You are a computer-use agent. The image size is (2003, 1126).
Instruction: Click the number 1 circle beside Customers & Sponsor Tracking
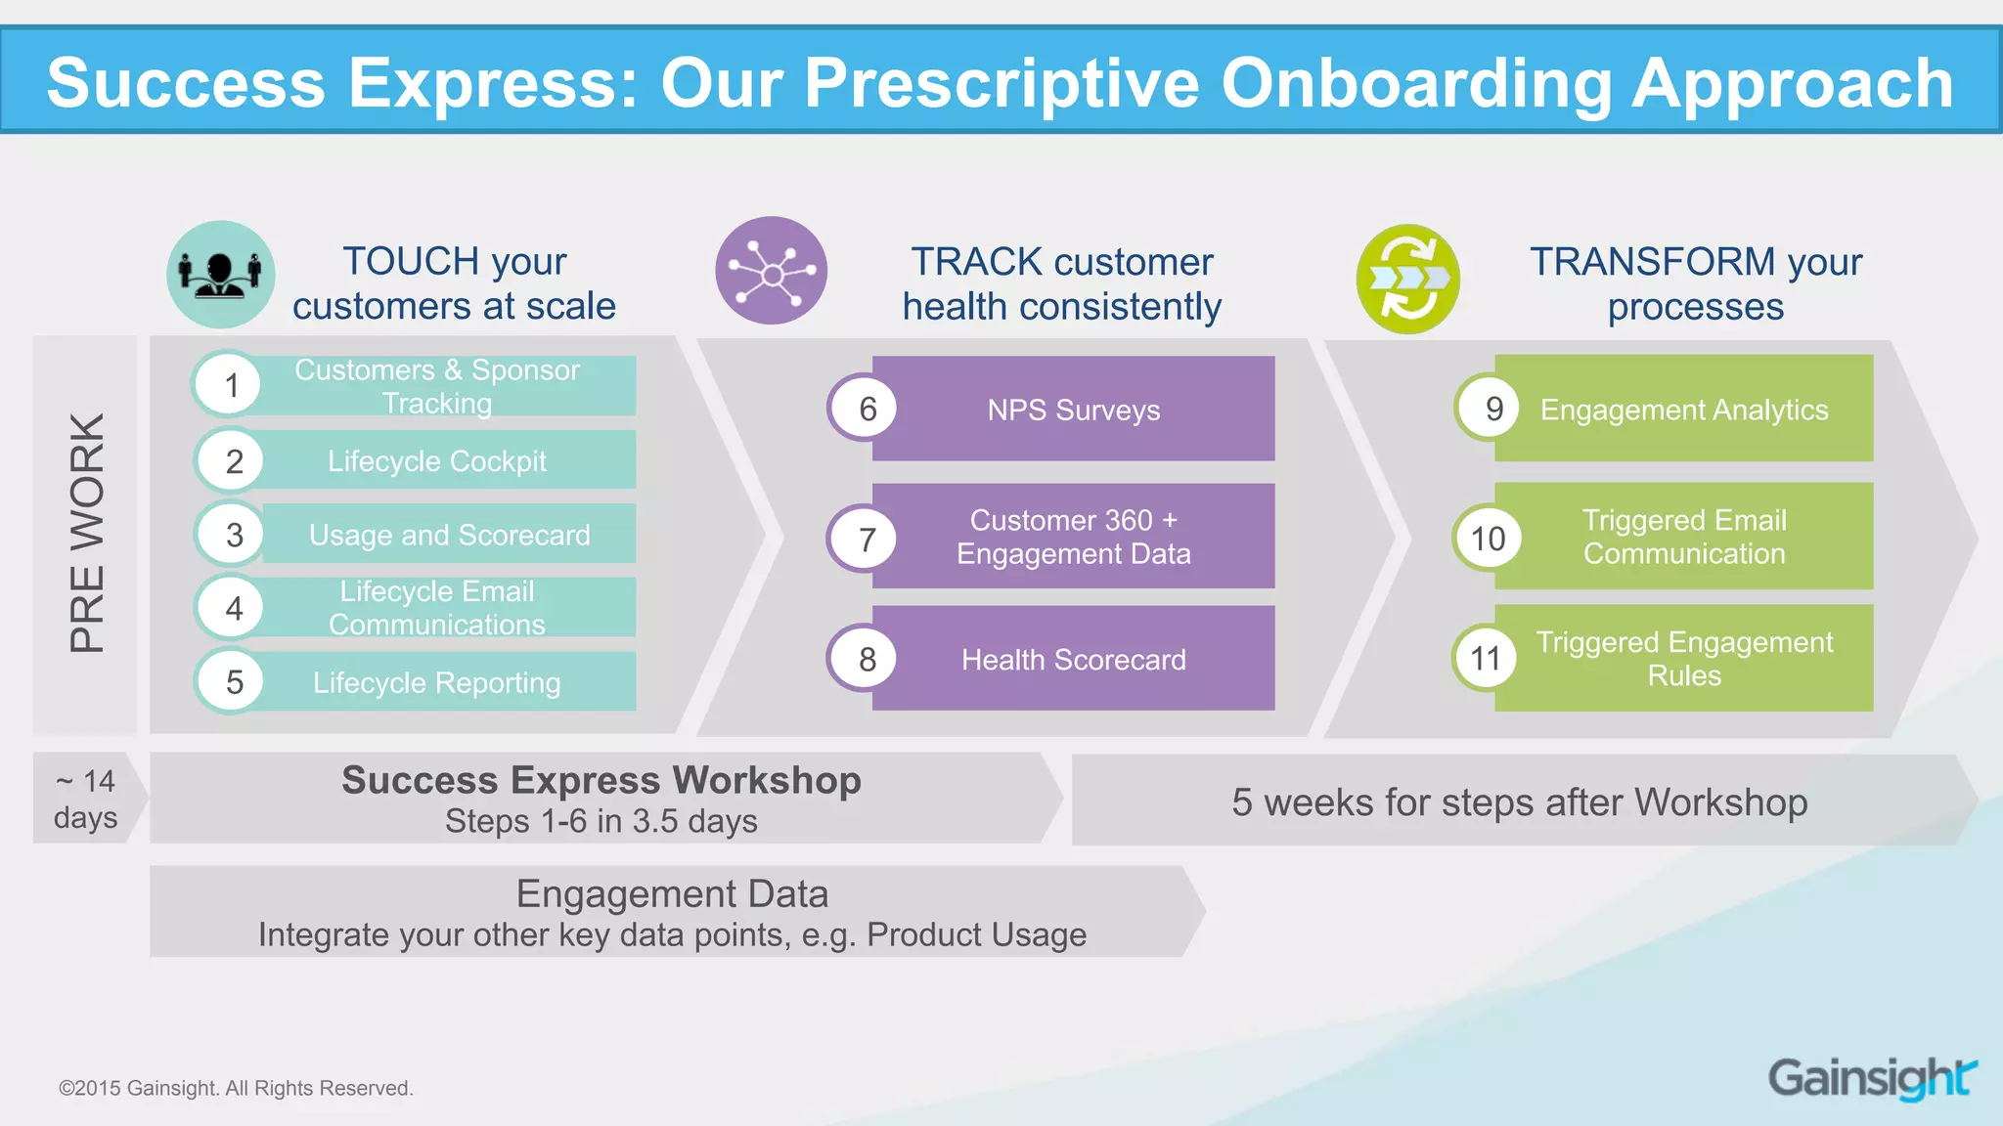pyautogui.click(x=231, y=385)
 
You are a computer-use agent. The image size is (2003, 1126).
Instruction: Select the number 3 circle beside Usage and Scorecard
pyautogui.click(x=234, y=535)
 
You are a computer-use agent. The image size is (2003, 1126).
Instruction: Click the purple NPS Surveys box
pyautogui.click(x=1073, y=410)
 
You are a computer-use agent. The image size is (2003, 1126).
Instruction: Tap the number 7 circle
pyautogui.click(x=866, y=539)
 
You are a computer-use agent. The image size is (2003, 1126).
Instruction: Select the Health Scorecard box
pyautogui.click(x=1073, y=660)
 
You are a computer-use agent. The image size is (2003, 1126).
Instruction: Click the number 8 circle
pyautogui.click(x=867, y=660)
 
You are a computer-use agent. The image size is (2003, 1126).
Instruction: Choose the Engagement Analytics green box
pyautogui.click(x=1683, y=410)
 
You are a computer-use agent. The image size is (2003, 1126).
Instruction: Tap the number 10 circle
pyautogui.click(x=1488, y=538)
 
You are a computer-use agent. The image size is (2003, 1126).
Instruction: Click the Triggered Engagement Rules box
pyautogui.click(x=1683, y=659)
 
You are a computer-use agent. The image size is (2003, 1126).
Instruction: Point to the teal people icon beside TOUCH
pyautogui.click(x=221, y=275)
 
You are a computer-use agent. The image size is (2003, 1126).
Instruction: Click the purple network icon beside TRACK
pyautogui.click(x=772, y=272)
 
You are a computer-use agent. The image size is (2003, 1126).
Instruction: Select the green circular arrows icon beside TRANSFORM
pyautogui.click(x=1408, y=280)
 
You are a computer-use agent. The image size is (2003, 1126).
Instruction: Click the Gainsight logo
pyautogui.click(x=1871, y=1078)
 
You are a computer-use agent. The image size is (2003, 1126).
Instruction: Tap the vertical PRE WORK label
pyautogui.click(x=86, y=534)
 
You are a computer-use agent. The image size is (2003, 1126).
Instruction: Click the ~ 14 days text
pyautogui.click(x=85, y=799)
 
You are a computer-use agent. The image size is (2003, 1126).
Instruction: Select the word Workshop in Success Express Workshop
pyautogui.click(x=767, y=780)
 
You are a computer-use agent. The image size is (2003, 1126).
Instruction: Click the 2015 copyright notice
pyautogui.click(x=236, y=1088)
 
